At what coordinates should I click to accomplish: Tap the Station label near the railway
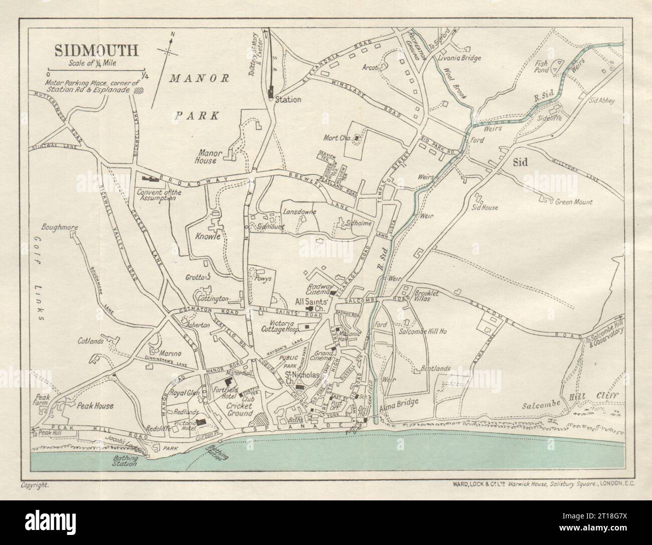click(x=288, y=100)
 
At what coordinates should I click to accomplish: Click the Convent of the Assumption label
click(x=156, y=195)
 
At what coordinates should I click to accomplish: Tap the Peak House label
click(x=96, y=406)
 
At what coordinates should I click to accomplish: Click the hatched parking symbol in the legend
click(x=138, y=91)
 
